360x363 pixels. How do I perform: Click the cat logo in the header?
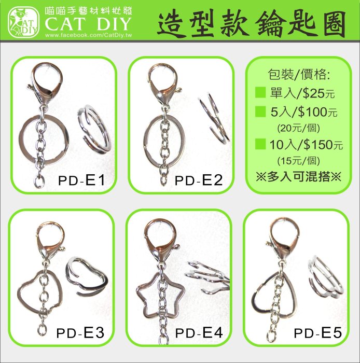(x=23, y=22)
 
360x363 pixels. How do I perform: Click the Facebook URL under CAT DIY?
(x=88, y=35)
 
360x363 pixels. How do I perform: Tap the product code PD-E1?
(x=81, y=180)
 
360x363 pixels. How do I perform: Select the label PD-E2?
(x=199, y=180)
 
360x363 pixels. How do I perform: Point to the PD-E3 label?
(x=80, y=333)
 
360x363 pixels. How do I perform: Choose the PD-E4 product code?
(x=199, y=333)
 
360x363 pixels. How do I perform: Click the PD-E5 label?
(x=317, y=333)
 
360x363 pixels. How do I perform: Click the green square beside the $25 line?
(x=260, y=93)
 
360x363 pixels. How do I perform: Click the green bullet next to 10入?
(x=260, y=144)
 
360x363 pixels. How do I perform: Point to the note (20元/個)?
(x=299, y=128)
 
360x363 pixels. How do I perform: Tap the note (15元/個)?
(x=299, y=161)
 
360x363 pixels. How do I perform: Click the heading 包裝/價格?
(x=299, y=75)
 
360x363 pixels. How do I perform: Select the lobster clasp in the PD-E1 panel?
(x=46, y=83)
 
